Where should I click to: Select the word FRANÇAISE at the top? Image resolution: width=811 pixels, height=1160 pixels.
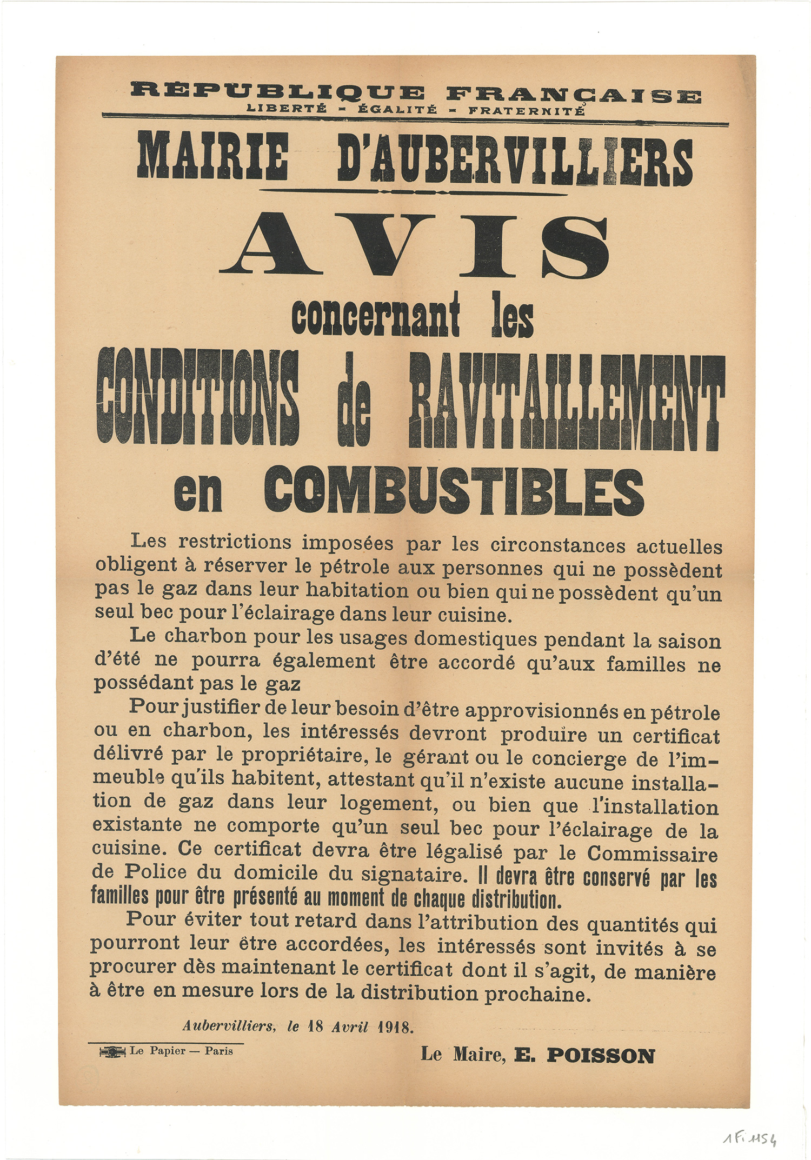[574, 96]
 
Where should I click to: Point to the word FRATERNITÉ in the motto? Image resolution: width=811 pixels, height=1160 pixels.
[526, 111]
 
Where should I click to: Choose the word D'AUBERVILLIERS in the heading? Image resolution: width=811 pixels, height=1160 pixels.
[514, 161]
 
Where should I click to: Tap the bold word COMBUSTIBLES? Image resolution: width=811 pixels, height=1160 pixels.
[454, 491]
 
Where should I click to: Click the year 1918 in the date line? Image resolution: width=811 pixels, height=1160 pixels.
[395, 1027]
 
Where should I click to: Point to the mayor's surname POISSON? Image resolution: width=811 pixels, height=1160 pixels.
[601, 1056]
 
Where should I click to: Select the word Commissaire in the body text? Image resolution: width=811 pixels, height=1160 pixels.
[653, 854]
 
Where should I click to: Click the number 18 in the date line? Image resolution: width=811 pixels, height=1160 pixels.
[316, 1026]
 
